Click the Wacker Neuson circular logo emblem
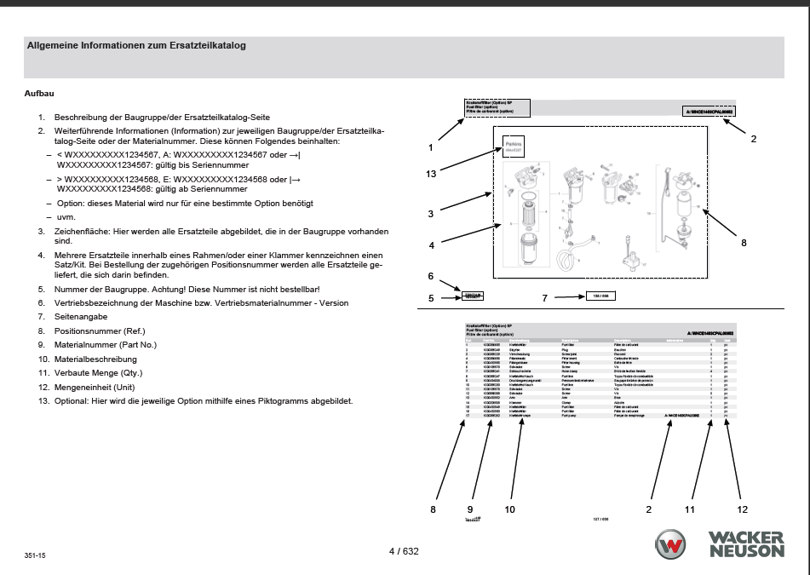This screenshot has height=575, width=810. pyautogui.click(x=671, y=544)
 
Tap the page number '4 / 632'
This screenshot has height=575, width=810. pyautogui.click(x=404, y=551)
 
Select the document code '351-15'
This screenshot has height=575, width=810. pyautogui.click(x=35, y=555)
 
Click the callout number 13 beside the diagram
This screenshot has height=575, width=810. pyautogui.click(x=431, y=174)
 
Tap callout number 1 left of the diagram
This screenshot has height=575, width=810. pyautogui.click(x=431, y=147)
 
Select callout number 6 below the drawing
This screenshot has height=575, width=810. pyautogui.click(x=431, y=276)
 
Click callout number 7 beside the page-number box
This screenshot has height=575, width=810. pyautogui.click(x=545, y=298)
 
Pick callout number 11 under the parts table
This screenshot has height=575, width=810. pyautogui.click(x=691, y=509)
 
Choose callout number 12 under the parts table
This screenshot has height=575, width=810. pyautogui.click(x=743, y=509)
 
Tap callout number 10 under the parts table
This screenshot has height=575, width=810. pyautogui.click(x=510, y=509)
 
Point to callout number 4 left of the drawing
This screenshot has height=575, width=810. pyautogui.click(x=432, y=245)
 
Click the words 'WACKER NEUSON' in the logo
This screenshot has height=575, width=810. pyautogui.click(x=745, y=544)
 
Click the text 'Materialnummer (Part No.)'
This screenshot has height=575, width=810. pyautogui.click(x=106, y=344)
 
